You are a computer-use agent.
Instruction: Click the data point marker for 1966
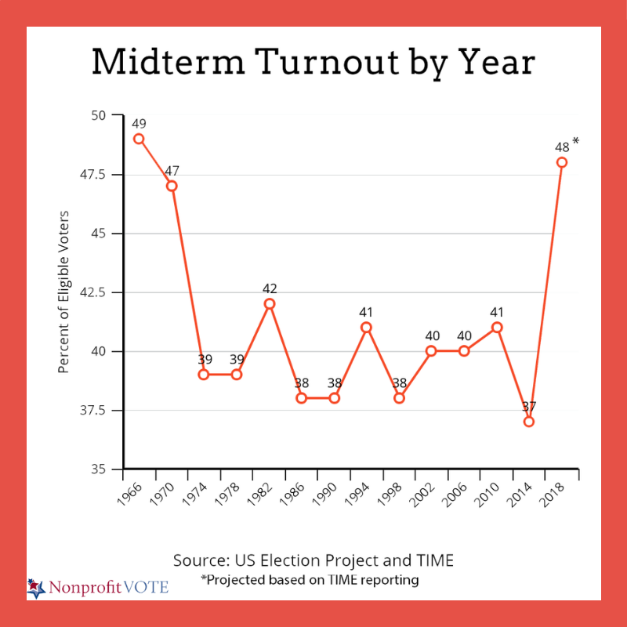(139, 139)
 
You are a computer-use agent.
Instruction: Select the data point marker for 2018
(562, 162)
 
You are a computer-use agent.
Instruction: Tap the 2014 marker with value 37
(529, 422)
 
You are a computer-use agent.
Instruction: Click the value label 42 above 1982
(269, 288)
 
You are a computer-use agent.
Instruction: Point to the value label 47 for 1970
(172, 170)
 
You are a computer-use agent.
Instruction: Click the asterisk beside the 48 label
(575, 142)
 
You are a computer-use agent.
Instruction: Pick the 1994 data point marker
(366, 327)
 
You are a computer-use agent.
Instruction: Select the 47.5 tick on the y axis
(100, 175)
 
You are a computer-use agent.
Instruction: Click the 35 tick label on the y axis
(107, 469)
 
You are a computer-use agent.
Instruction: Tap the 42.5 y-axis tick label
(100, 292)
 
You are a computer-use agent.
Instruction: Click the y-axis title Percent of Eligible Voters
(64, 292)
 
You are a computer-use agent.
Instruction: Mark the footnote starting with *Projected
(310, 580)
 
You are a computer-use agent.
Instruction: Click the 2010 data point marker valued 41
(496, 327)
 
